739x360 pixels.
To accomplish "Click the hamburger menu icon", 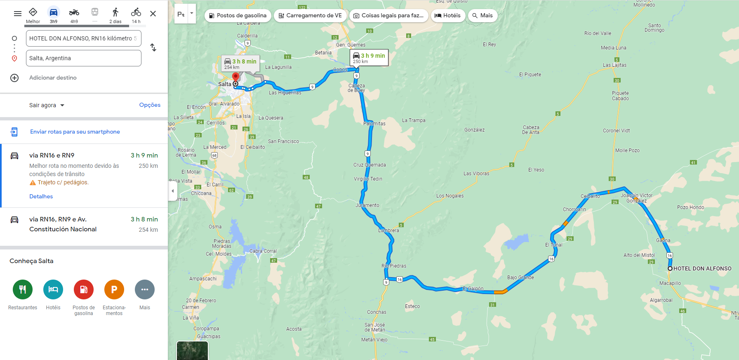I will point(17,14).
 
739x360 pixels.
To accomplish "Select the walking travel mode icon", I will point(115,13).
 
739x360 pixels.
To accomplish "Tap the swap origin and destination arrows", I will point(153,47).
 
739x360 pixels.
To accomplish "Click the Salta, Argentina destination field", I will point(83,58).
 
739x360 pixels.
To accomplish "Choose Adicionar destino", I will point(53,78).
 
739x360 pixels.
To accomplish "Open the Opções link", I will point(150,105).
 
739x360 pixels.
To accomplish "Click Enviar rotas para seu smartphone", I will point(75,132).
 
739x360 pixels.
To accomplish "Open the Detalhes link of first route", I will point(41,196).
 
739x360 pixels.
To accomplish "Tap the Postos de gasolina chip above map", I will point(238,16).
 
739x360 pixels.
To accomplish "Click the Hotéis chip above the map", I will point(448,16).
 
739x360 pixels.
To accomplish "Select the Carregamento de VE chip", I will point(310,16).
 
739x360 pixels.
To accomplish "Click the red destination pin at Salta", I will point(235,77).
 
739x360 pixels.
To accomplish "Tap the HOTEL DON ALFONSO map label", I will point(702,268).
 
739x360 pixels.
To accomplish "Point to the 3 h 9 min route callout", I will point(369,58).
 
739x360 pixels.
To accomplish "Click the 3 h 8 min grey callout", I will point(240,64).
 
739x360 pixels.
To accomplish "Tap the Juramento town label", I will point(367,205).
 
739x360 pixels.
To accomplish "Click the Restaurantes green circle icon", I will point(23,289).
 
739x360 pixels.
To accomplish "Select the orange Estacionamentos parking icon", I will point(114,289).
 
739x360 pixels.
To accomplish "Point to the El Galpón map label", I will point(473,289).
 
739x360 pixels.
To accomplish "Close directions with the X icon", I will point(153,14).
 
